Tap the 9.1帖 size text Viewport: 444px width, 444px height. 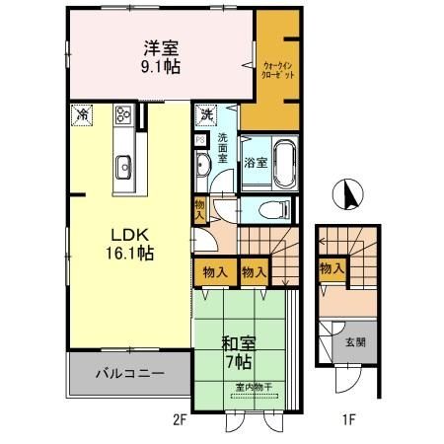159,67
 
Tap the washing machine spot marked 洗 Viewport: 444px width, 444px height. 206,114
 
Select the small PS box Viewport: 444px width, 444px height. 200,140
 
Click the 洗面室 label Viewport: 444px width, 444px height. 222,148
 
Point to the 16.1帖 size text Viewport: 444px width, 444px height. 130,255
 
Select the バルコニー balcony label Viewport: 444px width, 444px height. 129,374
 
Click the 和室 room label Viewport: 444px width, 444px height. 232,344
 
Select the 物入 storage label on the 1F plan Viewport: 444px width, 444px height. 332,267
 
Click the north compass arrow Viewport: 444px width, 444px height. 346,195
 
